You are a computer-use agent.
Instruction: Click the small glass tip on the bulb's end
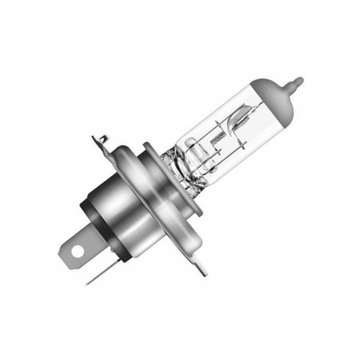point(298,80)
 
